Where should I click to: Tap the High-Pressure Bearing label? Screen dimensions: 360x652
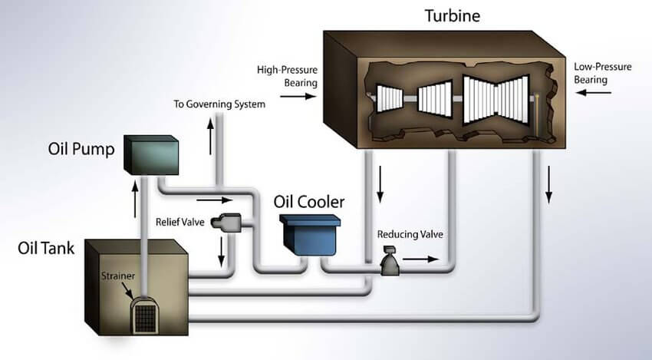pos(287,76)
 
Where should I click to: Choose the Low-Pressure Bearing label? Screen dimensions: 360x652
pos(602,73)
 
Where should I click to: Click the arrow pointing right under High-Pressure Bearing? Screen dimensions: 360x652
pos(298,97)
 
